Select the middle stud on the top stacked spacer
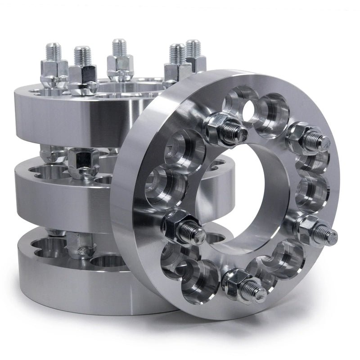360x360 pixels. (x=120, y=61)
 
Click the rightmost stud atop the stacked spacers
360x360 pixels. (x=193, y=54)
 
